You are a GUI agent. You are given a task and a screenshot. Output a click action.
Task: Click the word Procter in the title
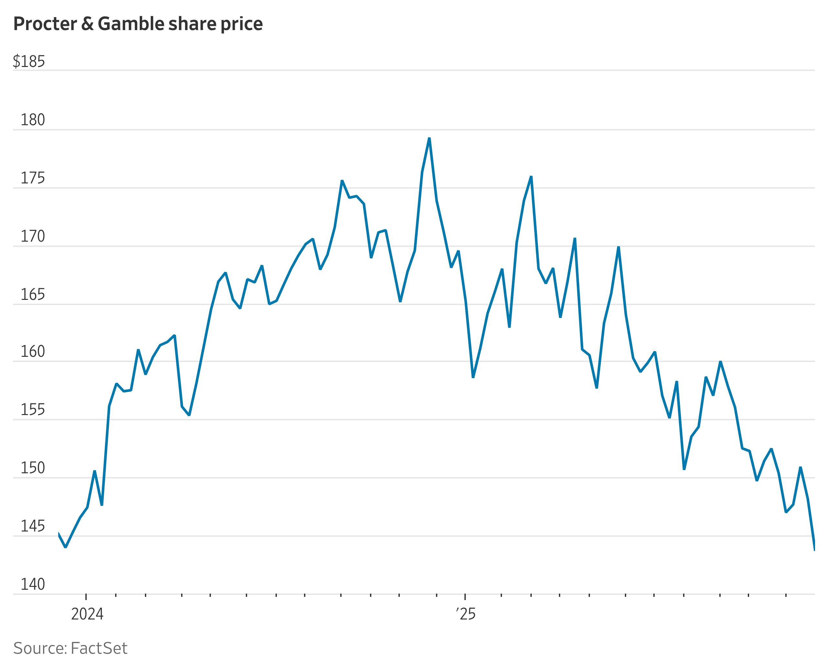(45, 24)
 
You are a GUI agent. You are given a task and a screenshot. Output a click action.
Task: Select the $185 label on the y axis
(29, 61)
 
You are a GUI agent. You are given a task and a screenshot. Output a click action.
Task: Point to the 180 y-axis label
(32, 120)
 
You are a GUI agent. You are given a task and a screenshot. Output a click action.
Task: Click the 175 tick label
(32, 178)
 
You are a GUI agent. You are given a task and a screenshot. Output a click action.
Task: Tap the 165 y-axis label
(32, 295)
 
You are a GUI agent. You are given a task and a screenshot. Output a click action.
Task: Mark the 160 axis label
(32, 352)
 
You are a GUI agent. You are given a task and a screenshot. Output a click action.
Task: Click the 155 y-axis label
(32, 410)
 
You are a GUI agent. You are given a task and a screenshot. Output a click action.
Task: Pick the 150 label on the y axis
(32, 468)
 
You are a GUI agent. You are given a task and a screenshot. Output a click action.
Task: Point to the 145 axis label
(32, 526)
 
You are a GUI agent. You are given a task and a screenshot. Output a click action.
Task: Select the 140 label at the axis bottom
(32, 585)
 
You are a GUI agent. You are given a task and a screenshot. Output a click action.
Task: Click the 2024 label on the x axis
(87, 614)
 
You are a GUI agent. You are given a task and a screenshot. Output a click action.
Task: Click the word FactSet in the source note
(99, 648)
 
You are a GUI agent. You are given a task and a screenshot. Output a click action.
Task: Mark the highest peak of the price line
(429, 138)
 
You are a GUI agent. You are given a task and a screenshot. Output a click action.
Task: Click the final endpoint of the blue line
(814, 550)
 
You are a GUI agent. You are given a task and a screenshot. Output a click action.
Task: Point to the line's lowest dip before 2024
(65, 547)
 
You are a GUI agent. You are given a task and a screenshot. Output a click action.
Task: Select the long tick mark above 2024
(86, 597)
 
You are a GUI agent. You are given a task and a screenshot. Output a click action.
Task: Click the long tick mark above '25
(465, 597)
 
